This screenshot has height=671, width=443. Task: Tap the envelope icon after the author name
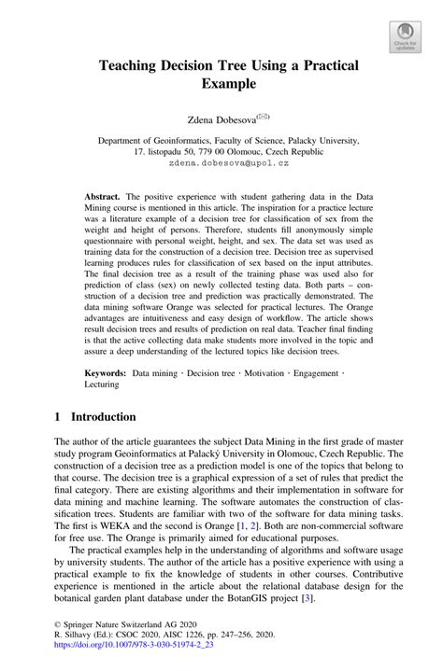263,115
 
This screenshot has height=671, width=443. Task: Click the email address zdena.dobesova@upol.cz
221,161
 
